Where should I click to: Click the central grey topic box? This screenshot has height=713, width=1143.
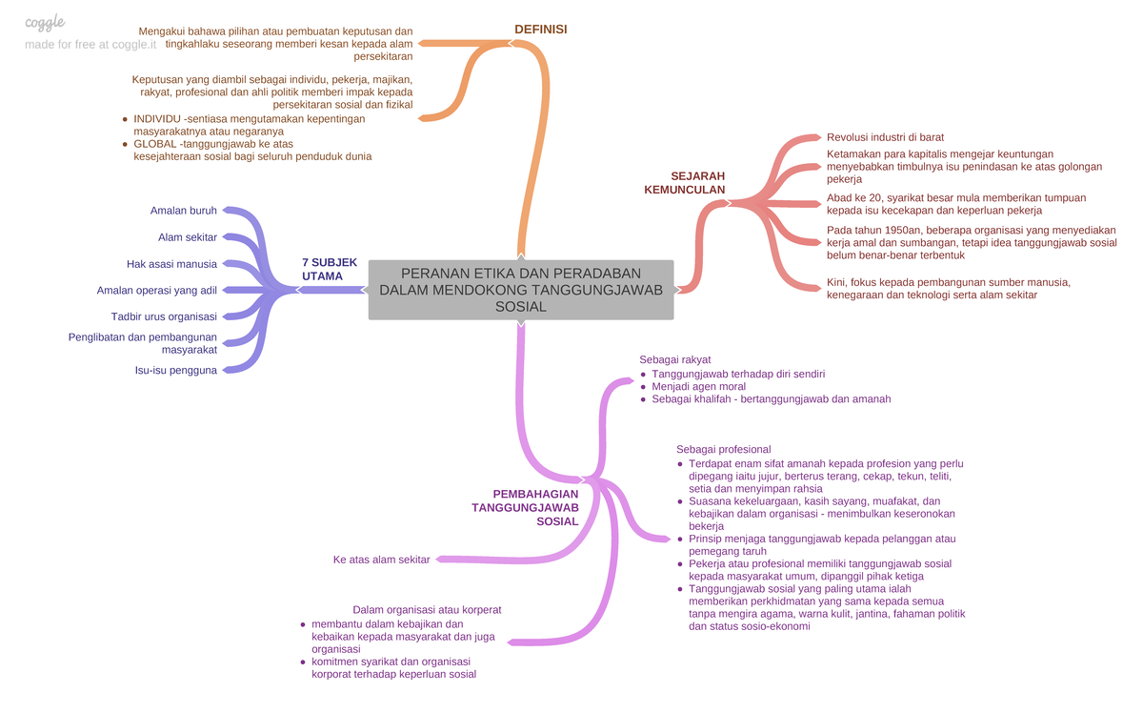pos(521,290)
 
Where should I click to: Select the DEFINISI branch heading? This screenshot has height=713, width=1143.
pos(540,30)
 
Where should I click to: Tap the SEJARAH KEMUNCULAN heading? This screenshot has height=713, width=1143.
pos(685,183)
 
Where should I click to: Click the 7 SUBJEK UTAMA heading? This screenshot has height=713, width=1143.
pos(329,269)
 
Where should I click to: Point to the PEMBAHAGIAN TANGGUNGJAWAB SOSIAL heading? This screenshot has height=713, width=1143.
pos(525,507)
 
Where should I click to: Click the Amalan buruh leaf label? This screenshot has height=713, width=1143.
pos(184,211)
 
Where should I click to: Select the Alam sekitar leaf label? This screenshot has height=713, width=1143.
pos(188,237)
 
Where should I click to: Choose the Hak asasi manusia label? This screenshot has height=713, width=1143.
pos(171,264)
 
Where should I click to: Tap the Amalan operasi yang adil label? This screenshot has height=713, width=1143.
pos(157,291)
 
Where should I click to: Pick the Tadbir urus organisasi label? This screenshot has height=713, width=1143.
pos(164,316)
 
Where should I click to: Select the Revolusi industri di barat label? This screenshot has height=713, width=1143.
pos(885,137)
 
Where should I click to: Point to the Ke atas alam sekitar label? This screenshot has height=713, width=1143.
pos(381,560)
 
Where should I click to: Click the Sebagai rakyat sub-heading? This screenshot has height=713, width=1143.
pos(675,359)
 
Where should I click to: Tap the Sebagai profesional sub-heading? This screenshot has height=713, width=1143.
pos(723,449)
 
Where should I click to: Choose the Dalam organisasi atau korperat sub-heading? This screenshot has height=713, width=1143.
pos(427,609)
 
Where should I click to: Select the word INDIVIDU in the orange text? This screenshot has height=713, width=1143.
pos(157,119)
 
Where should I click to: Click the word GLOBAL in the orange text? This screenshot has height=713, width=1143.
pos(154,144)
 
